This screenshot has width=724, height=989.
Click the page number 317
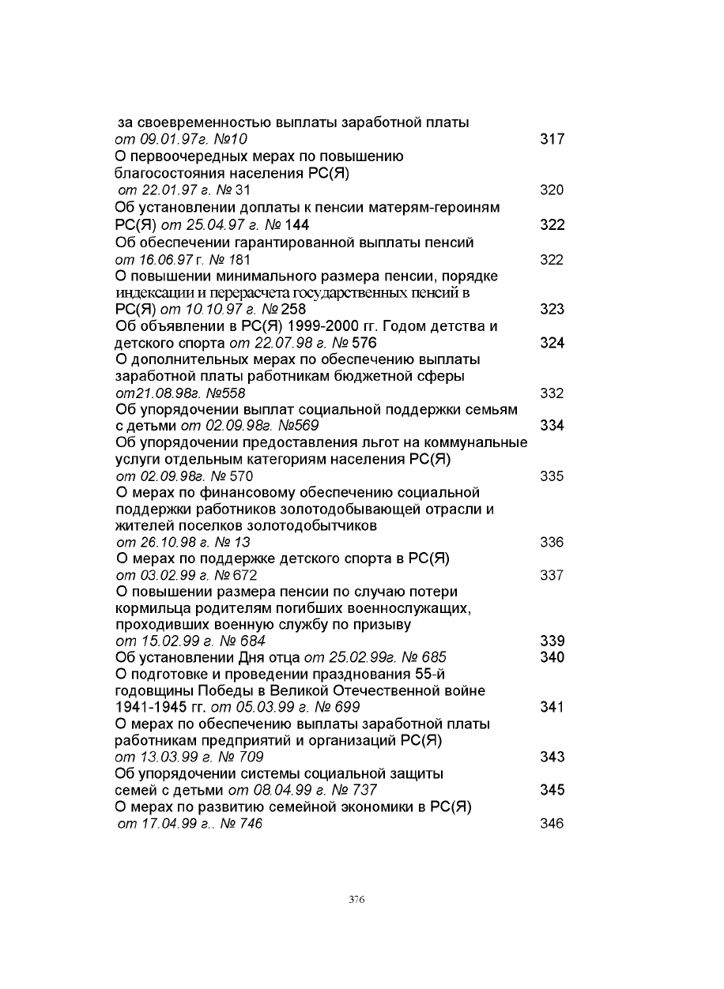tap(552, 140)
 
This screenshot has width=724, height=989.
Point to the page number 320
tap(552, 190)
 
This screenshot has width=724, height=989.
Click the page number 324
tap(552, 343)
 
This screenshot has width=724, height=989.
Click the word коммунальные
tap(474, 442)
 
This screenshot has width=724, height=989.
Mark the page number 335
tap(552, 476)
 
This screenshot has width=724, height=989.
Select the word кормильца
tap(151, 608)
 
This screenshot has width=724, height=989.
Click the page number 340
tap(552, 657)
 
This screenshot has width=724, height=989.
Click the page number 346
tap(552, 824)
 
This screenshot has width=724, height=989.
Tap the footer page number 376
tap(356, 900)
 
